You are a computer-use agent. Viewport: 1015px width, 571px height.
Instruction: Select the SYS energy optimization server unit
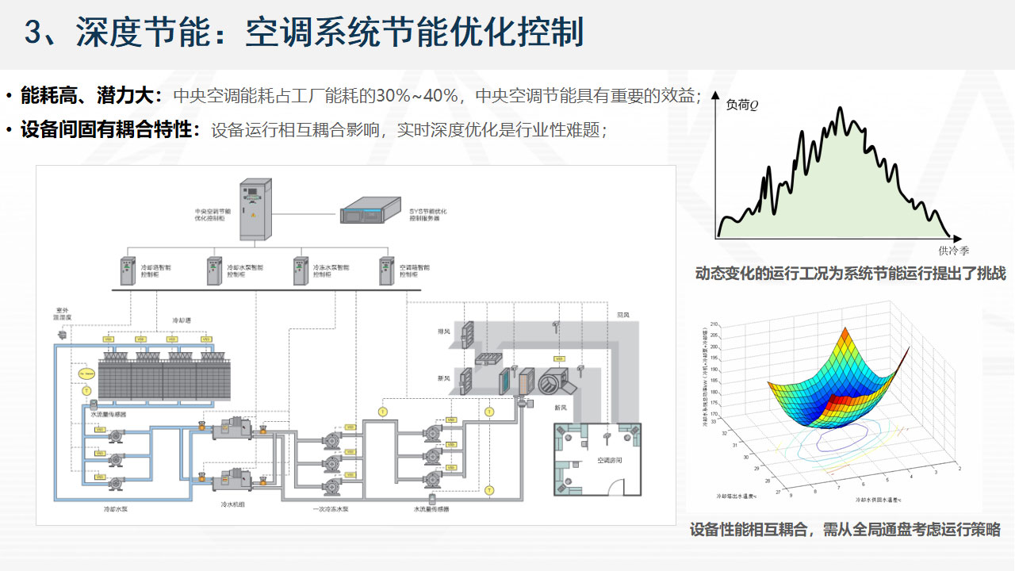[x=373, y=214]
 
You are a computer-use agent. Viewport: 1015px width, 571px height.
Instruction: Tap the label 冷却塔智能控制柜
[x=155, y=271]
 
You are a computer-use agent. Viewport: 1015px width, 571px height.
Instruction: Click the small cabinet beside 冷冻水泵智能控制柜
[x=300, y=271]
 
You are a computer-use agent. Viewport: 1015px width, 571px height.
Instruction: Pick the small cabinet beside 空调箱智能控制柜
[x=386, y=271]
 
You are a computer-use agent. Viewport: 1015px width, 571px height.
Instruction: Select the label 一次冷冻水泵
[x=331, y=508]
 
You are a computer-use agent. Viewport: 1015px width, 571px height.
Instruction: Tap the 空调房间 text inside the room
[x=599, y=459]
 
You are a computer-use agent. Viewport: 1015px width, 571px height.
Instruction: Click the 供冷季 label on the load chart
[x=953, y=251]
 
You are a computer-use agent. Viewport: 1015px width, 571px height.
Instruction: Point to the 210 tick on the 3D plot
[x=714, y=325]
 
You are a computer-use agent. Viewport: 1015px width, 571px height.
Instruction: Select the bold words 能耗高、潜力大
[x=90, y=96]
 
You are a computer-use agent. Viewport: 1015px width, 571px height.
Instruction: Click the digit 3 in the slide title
[x=34, y=33]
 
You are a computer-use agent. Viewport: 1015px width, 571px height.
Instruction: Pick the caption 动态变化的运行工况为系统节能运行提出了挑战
[x=850, y=274]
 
